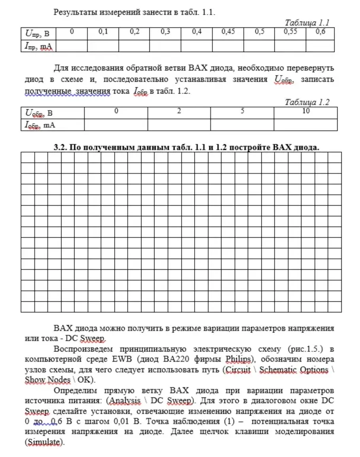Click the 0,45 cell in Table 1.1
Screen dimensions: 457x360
228,32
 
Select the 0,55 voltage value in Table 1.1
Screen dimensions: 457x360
290,32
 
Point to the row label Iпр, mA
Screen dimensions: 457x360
38,47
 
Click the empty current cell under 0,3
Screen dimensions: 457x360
165,46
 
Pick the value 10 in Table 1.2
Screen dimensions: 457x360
306,111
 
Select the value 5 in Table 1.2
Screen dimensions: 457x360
242,111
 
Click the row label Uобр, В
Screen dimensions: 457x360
39,113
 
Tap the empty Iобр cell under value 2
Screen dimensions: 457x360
179,125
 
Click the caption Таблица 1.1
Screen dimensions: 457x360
307,23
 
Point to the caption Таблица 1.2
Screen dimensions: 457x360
307,102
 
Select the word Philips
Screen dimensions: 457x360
239,359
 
